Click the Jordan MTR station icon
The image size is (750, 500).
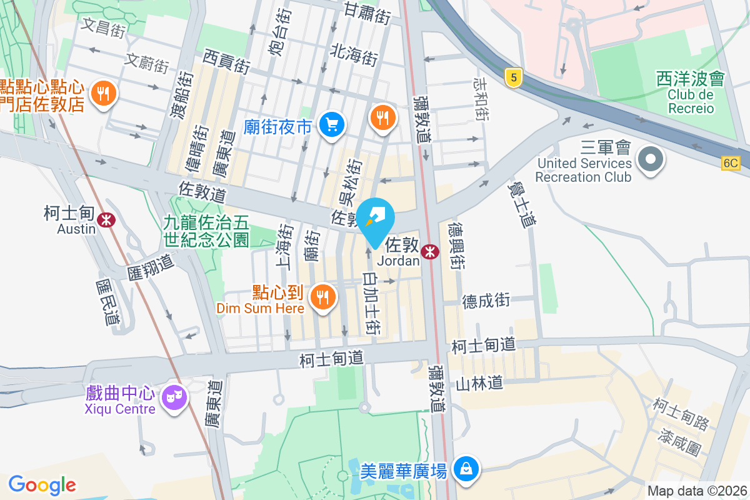(429, 251)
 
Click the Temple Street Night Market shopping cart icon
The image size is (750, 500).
(331, 125)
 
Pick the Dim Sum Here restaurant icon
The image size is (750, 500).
(322, 296)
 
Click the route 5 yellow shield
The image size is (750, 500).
(513, 78)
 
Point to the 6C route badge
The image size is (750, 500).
(730, 163)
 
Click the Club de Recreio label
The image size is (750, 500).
(690, 102)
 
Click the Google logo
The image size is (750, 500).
(42, 484)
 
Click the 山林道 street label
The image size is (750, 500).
(479, 382)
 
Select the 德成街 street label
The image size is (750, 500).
(486, 301)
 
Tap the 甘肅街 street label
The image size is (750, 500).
(367, 12)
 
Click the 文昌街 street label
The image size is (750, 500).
(104, 28)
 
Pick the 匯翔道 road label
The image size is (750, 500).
(151, 267)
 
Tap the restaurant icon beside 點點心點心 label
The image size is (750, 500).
(103, 94)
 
